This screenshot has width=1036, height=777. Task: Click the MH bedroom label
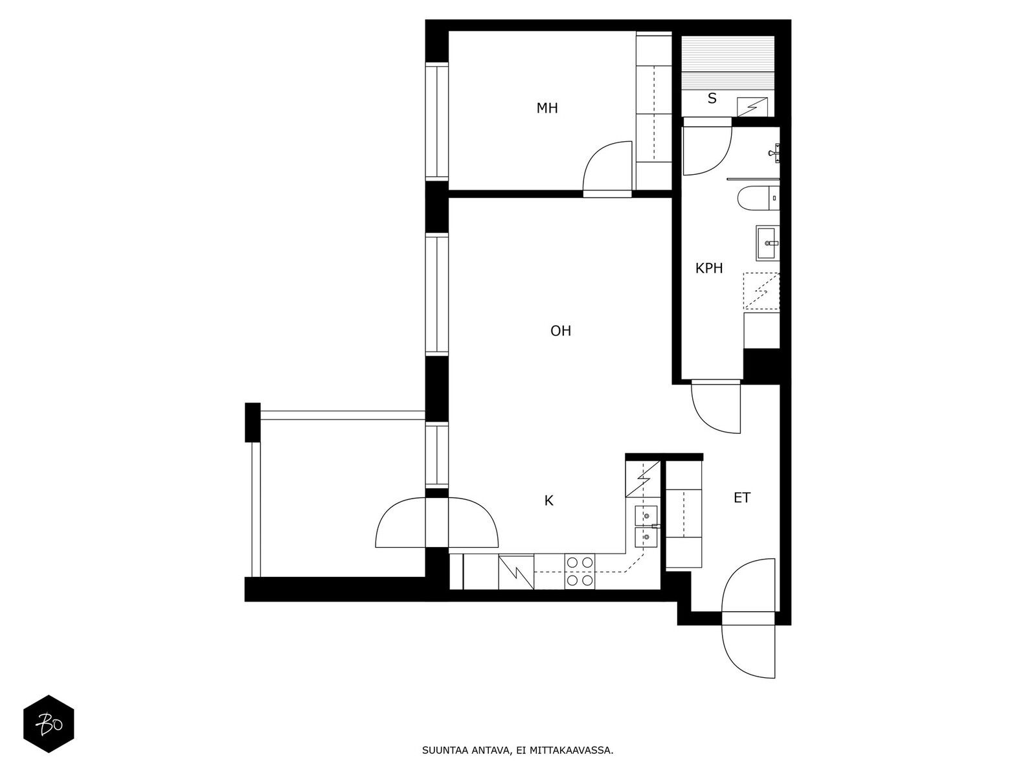click(x=547, y=109)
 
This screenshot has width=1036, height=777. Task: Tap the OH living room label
click(x=561, y=331)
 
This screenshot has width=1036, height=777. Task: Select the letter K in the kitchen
click(x=548, y=501)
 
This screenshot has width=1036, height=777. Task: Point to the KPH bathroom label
click(x=709, y=269)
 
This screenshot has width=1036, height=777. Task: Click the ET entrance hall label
click(x=742, y=498)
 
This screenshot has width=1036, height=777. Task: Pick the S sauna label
click(x=712, y=98)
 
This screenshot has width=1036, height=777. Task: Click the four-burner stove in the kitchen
click(x=580, y=571)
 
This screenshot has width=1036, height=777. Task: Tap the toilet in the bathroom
click(x=758, y=197)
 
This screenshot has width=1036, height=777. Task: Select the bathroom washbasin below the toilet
click(x=767, y=243)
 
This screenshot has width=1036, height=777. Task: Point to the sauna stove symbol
click(x=752, y=107)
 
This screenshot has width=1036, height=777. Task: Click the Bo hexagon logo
click(x=49, y=724)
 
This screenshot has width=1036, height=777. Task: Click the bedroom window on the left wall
click(x=437, y=121)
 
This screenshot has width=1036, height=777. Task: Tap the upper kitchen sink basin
click(x=646, y=515)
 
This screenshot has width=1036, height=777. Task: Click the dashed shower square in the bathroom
click(x=761, y=291)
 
